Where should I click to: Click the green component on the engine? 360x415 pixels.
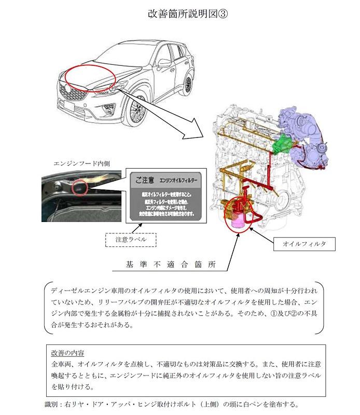click(x=283, y=143)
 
